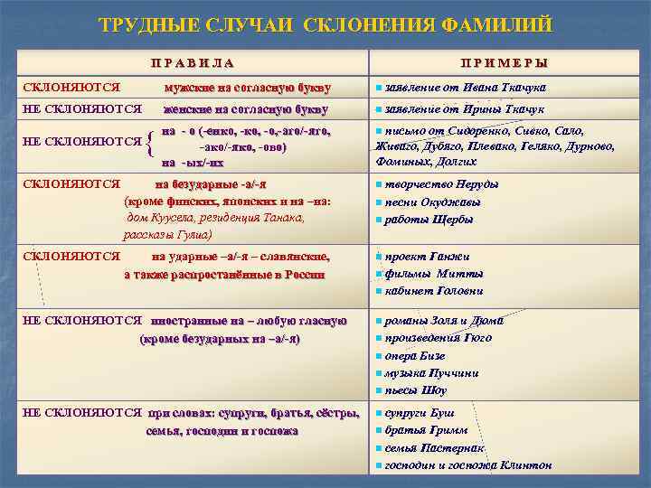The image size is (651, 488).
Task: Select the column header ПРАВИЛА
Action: pyautogui.click(x=193, y=63)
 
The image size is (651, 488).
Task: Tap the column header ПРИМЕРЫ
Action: pyautogui.click(x=505, y=63)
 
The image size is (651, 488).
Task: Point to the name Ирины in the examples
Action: pyautogui.click(x=475, y=109)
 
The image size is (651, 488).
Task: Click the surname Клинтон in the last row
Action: pyautogui.click(x=525, y=466)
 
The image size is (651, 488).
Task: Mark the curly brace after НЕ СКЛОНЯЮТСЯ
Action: pyautogui.click(x=149, y=142)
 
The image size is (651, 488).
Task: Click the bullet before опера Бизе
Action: pyautogui.click(x=378, y=356)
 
